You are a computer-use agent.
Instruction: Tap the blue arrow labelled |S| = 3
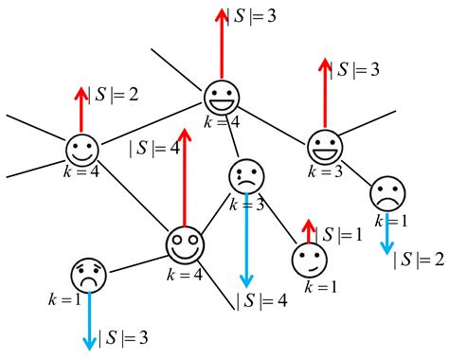[90, 317]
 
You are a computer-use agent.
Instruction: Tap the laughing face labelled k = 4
[222, 96]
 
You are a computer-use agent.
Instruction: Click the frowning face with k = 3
[247, 176]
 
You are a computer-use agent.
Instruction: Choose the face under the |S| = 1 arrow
[307, 260]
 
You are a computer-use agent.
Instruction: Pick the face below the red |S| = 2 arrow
[82, 150]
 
